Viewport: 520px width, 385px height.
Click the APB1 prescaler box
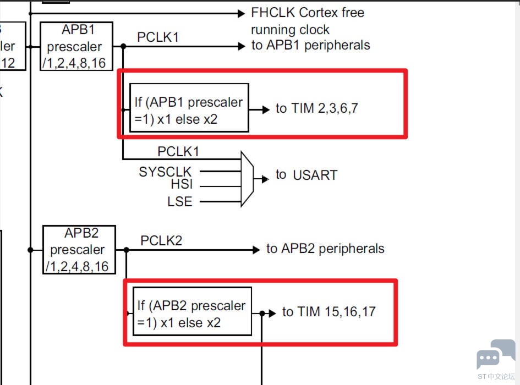tap(76, 46)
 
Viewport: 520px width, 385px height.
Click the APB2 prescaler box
tap(79, 250)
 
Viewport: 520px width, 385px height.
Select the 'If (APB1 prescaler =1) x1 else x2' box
tap(189, 108)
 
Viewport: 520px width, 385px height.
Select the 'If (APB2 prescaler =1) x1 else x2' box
tap(192, 311)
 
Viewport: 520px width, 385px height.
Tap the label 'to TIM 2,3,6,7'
tap(317, 108)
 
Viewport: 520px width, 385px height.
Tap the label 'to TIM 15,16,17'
tap(329, 312)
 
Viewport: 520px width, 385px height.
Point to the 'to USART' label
tap(306, 175)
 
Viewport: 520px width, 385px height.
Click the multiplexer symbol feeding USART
tap(247, 179)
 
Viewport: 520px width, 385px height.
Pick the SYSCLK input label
tap(165, 172)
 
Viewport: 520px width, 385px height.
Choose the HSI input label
tap(182, 185)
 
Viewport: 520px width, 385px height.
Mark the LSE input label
tap(180, 202)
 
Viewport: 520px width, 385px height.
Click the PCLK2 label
tap(161, 240)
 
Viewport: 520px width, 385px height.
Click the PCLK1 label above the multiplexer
tap(178, 151)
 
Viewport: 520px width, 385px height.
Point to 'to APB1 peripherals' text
tap(311, 46)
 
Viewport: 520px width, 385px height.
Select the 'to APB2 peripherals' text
tap(325, 249)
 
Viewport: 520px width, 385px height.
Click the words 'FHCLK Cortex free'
tap(308, 13)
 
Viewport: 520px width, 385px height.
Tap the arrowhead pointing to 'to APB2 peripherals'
tap(256, 250)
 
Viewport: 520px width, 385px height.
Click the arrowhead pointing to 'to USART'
tap(265, 178)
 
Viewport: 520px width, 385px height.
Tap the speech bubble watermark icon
tap(495, 355)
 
